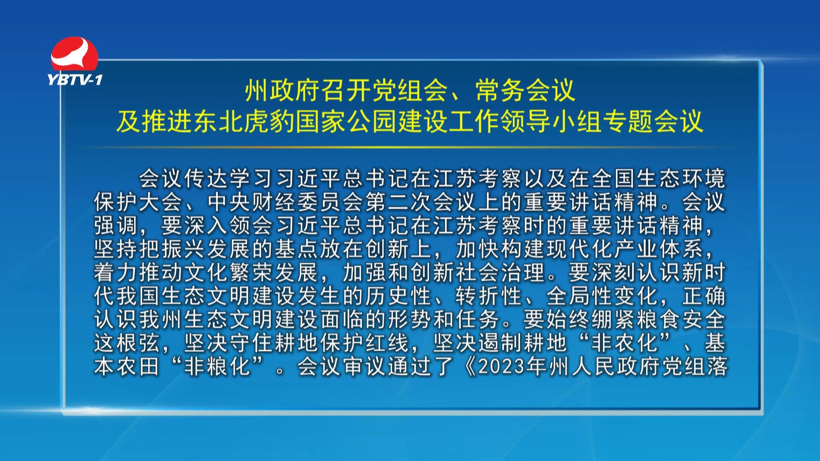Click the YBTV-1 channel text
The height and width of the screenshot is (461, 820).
click(x=75, y=79)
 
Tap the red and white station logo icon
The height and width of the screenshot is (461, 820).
click(x=75, y=55)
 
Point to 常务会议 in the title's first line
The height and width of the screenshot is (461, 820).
click(x=526, y=90)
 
